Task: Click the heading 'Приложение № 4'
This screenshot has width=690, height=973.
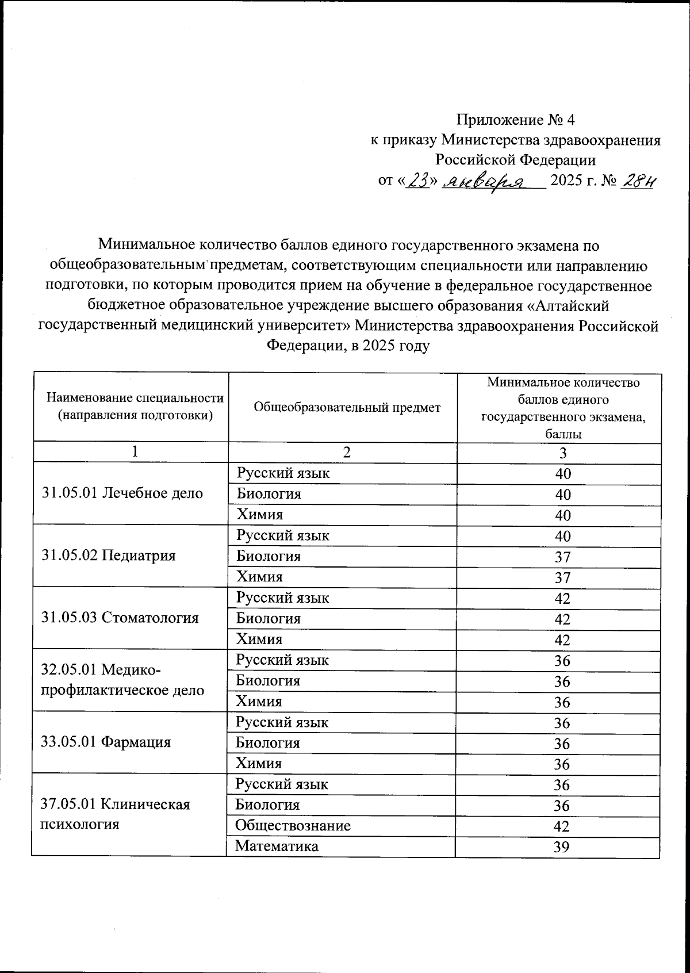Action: tap(515, 120)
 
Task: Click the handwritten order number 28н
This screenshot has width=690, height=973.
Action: tap(638, 182)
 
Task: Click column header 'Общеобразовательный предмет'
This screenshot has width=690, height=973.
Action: tap(347, 407)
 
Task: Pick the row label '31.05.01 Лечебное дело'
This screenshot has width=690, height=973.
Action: tap(122, 493)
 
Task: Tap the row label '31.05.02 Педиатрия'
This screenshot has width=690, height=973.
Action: tap(109, 555)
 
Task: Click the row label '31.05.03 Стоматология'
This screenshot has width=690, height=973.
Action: tap(120, 618)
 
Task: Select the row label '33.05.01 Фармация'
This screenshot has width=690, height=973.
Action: tap(106, 742)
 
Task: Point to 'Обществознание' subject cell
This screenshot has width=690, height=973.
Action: tap(293, 826)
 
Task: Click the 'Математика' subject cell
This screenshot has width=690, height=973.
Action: tap(277, 846)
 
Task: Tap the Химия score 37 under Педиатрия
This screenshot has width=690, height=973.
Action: tap(562, 577)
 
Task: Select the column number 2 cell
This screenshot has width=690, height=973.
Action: tap(346, 453)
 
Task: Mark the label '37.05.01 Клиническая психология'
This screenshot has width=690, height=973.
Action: tap(116, 814)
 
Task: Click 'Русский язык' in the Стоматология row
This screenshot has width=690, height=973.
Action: tap(282, 597)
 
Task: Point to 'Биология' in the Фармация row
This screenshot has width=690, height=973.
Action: tap(267, 742)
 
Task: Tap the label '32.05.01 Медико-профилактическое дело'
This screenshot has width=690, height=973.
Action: tap(122, 680)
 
